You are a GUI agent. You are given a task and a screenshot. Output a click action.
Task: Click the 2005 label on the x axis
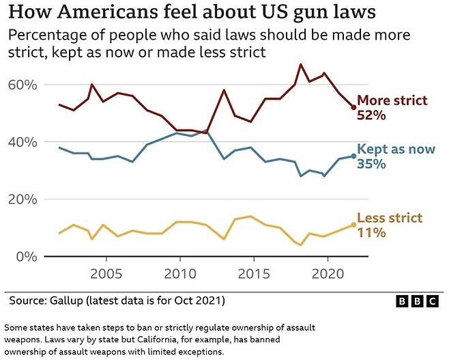[106, 274]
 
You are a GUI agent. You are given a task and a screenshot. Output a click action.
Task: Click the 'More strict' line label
[392, 100]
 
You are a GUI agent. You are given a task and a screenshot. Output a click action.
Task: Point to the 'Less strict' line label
[390, 218]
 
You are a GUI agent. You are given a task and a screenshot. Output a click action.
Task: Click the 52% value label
[372, 115]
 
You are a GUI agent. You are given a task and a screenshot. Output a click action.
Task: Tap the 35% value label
[372, 165]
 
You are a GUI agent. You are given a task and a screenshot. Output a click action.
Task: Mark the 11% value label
[372, 233]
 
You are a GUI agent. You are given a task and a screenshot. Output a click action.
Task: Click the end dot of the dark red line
[353, 107]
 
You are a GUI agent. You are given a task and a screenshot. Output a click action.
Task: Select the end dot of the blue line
[353, 156]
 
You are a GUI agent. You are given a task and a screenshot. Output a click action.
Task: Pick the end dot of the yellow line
[353, 225]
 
